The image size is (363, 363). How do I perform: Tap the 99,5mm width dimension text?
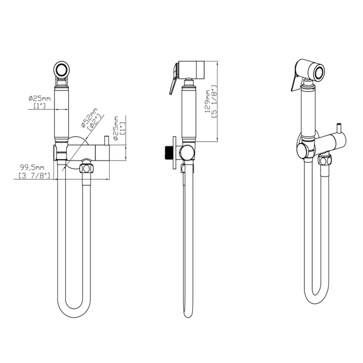[32, 167]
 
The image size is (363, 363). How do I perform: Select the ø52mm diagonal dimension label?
[89, 118]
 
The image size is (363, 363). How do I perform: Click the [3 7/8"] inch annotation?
[34, 175]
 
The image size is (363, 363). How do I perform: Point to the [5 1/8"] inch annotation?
[214, 101]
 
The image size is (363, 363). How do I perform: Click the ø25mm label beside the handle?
[40, 98]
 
